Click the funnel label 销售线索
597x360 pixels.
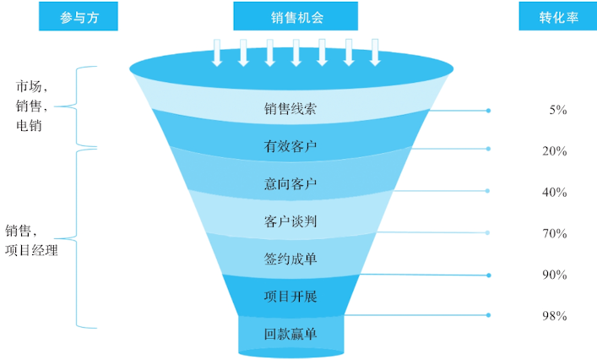coord(290,109)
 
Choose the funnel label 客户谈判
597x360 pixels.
coord(290,221)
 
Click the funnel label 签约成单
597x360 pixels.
coord(290,259)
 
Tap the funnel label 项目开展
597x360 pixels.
coord(290,296)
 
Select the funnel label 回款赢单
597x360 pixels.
coord(290,334)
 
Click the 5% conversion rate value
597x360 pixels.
coord(557,110)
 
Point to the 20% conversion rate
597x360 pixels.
coord(554,151)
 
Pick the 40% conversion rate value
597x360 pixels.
coord(554,192)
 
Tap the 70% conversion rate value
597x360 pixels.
coord(554,233)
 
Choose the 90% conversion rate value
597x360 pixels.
coord(554,275)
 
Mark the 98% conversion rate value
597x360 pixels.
coord(554,316)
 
